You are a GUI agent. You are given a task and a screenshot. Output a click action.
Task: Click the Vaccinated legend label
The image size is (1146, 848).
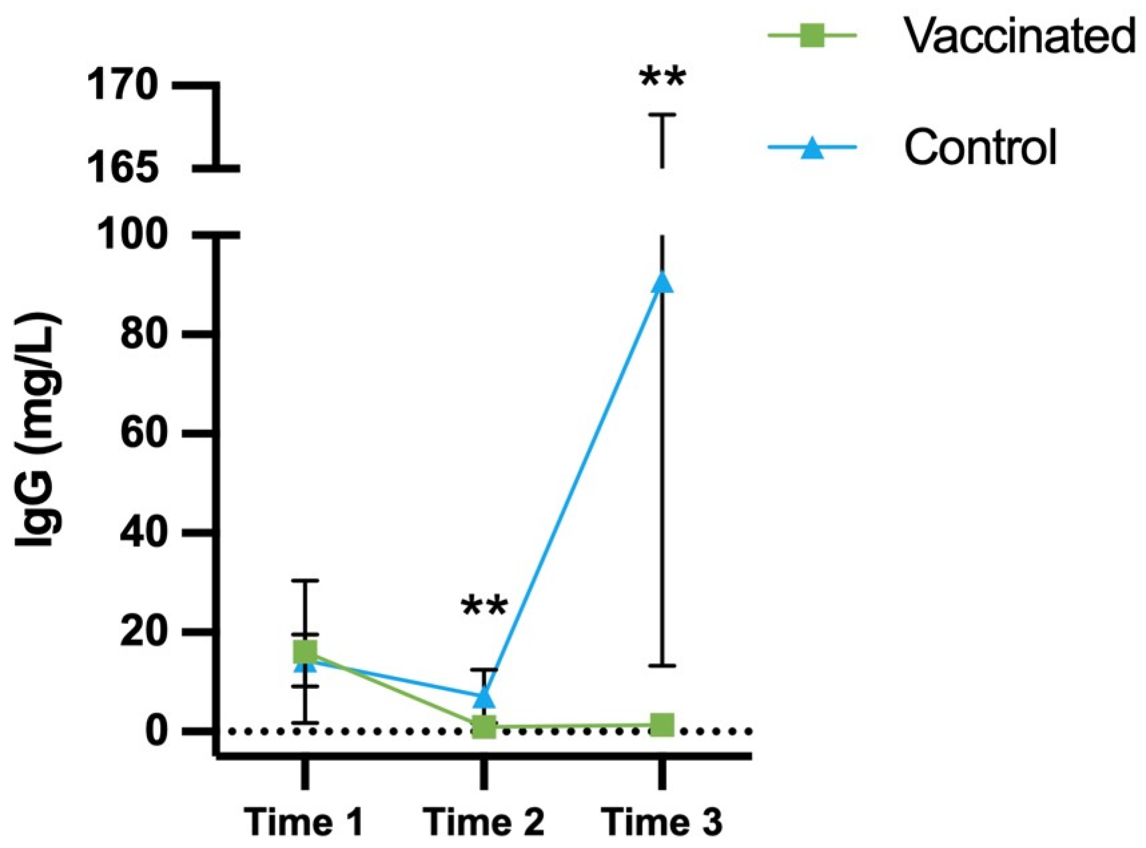1019,35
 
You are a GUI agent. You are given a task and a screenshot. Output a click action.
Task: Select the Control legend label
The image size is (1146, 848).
980,147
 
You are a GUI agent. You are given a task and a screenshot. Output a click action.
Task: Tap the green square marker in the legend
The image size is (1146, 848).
812,35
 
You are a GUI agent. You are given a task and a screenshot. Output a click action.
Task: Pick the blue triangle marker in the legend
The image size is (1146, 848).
812,147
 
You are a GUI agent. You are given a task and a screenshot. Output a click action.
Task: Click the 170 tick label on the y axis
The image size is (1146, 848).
123,86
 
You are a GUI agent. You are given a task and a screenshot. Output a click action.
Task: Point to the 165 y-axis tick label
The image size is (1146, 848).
123,168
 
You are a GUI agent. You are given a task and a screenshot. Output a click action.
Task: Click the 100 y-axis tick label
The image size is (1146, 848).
131,235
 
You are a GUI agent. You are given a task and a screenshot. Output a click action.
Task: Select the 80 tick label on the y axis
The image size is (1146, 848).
143,334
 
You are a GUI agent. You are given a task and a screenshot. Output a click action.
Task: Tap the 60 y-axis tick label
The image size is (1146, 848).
143,433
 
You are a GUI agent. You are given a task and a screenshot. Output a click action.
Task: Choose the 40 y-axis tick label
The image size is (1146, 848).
143,533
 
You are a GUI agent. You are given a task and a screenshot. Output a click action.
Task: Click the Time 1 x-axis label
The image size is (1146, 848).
305,821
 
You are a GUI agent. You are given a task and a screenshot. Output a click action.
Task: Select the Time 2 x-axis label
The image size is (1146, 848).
484,821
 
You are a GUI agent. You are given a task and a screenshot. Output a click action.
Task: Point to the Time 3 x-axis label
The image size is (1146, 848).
662,821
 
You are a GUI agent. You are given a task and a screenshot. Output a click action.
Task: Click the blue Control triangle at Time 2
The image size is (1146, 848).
484,697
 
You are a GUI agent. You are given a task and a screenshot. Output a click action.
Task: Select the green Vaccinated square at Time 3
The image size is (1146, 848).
662,724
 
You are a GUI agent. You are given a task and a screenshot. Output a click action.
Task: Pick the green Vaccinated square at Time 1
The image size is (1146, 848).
305,651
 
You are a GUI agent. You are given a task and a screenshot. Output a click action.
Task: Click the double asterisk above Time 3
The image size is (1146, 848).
662,77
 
